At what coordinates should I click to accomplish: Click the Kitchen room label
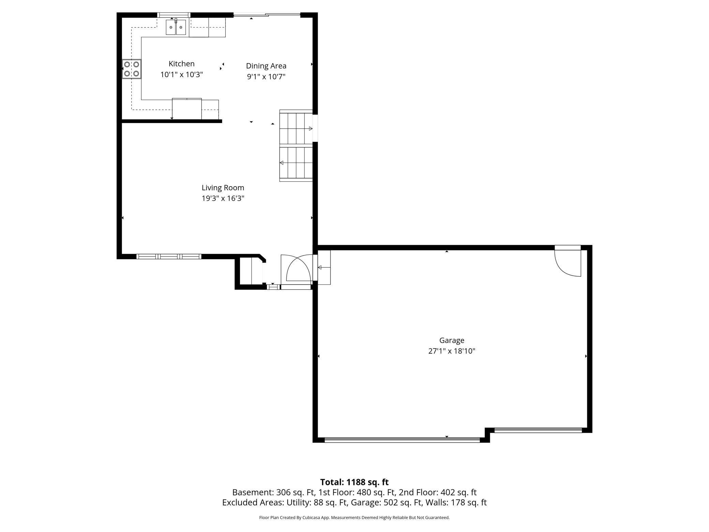click(x=181, y=64)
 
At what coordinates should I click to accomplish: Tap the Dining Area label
click(x=266, y=66)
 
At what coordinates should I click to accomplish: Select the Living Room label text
click(x=223, y=188)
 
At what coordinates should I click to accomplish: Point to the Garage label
click(x=452, y=340)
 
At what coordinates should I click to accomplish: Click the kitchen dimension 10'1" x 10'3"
click(x=182, y=75)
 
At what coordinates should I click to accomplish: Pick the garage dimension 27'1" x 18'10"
click(x=452, y=351)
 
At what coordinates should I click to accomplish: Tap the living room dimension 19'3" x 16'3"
click(x=223, y=198)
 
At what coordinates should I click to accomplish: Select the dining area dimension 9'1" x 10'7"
click(x=266, y=76)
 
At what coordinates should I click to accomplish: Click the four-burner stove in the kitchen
click(x=132, y=69)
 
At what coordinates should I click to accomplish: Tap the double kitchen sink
click(x=176, y=27)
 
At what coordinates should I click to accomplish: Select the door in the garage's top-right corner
click(x=568, y=261)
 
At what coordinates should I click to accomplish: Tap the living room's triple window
click(x=169, y=256)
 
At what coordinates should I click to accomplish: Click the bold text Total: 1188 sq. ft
click(x=354, y=482)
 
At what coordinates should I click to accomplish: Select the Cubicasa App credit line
click(x=354, y=517)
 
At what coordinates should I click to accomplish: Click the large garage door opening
click(x=402, y=440)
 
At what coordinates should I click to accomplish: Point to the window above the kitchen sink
click(x=174, y=15)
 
